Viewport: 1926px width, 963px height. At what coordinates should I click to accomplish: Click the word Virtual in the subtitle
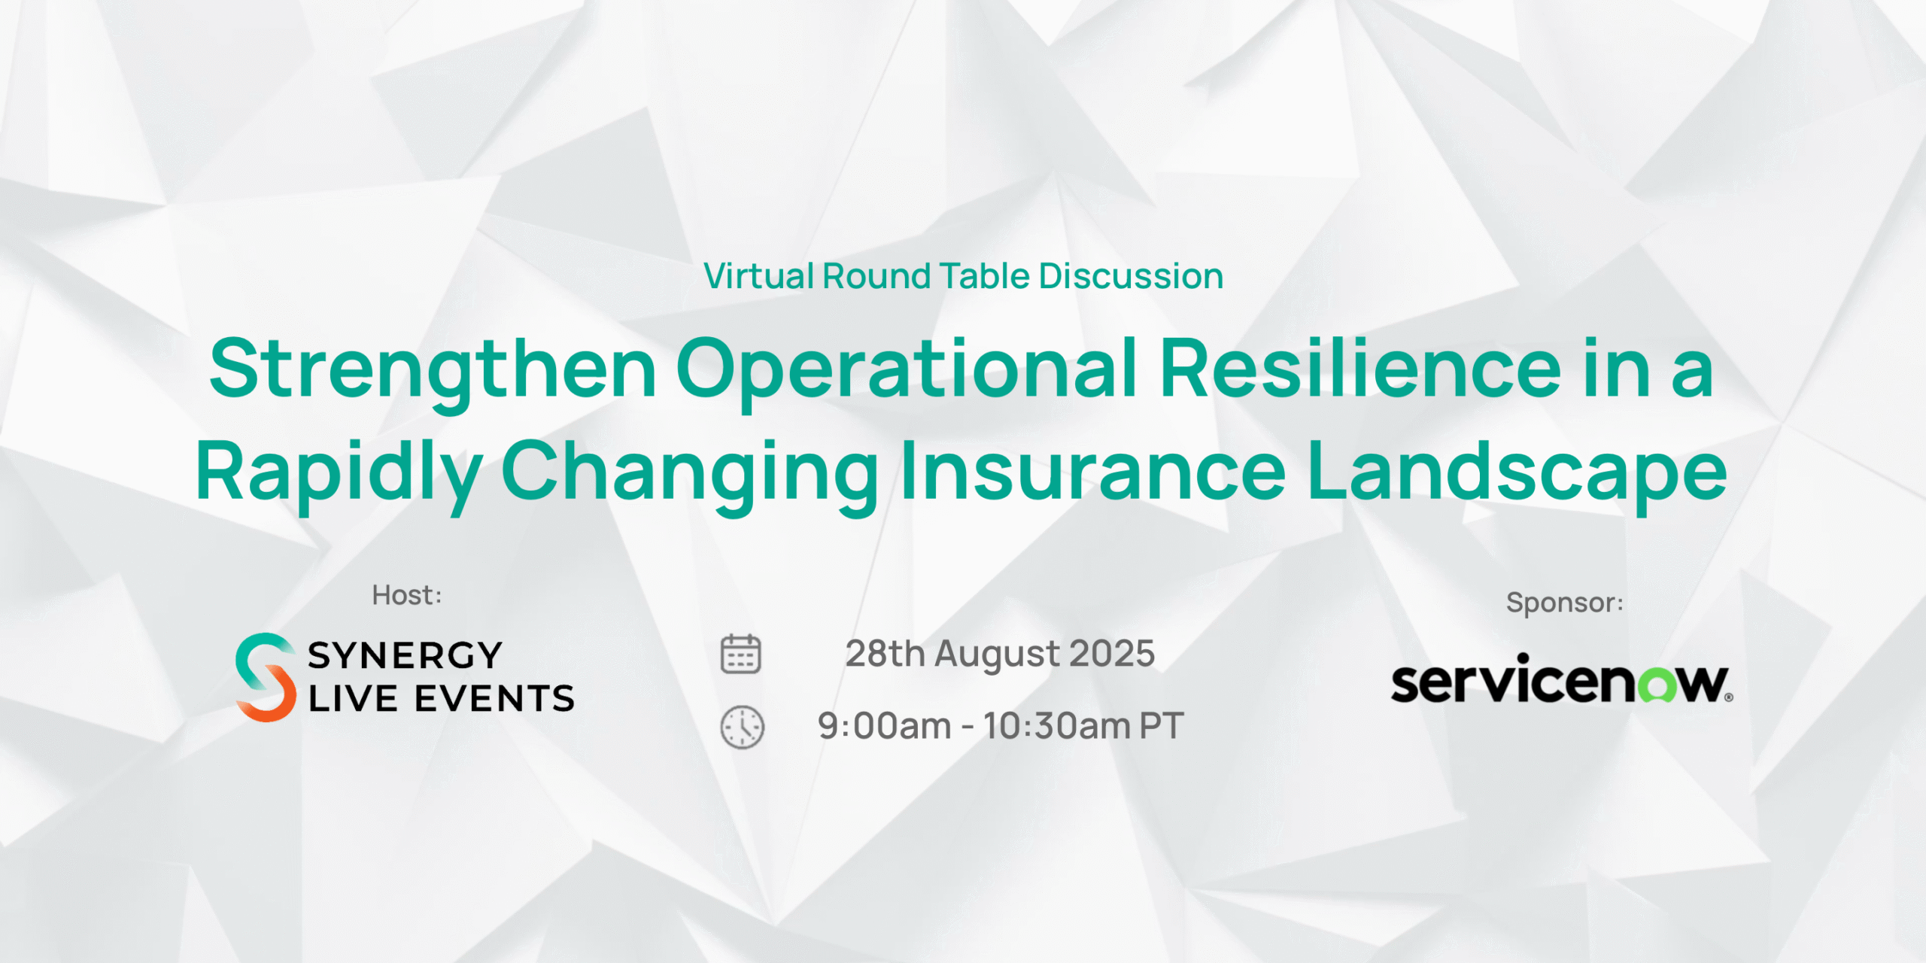point(759,276)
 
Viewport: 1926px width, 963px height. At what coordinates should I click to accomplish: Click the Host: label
point(407,595)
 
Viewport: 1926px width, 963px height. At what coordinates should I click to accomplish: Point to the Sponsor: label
point(1565,603)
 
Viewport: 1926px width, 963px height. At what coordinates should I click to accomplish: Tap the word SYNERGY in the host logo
point(405,655)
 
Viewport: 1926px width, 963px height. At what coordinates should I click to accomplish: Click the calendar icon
point(741,654)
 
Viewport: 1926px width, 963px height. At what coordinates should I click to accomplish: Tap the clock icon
point(743,728)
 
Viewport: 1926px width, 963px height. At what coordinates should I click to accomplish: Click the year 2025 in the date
point(1112,654)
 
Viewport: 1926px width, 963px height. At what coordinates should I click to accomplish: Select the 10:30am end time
point(1056,727)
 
